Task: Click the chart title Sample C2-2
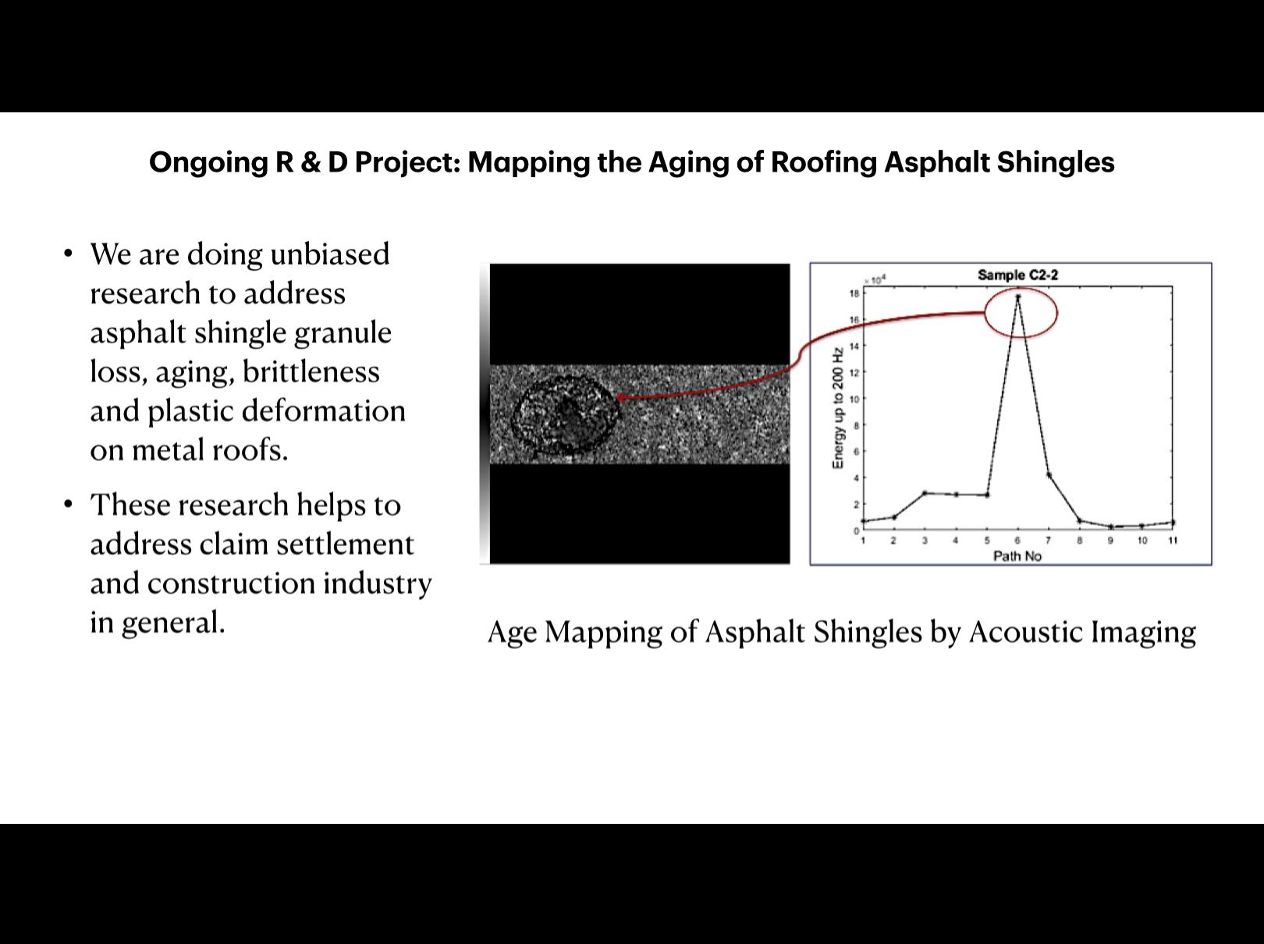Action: pos(1017,275)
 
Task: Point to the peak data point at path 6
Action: pos(1018,297)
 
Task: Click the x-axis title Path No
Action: pos(1017,556)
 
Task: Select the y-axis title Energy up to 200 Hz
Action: pos(838,408)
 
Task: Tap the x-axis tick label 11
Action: pos(1173,541)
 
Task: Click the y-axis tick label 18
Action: pos(854,293)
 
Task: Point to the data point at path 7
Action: pos(1049,475)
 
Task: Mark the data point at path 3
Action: pos(925,493)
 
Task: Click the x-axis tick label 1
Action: pos(863,541)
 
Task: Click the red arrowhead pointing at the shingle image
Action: pos(622,397)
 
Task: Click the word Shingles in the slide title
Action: pos(1056,162)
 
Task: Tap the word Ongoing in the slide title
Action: pos(208,162)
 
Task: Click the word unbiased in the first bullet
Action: pos(330,254)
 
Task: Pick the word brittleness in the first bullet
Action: pos(311,371)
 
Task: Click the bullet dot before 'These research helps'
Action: pos(69,505)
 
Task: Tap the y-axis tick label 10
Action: pos(854,399)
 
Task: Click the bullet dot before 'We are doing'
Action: pos(69,254)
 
